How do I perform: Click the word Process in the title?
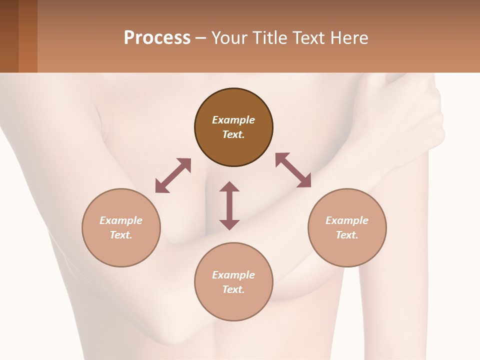click(x=157, y=38)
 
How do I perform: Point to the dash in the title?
click(x=201, y=38)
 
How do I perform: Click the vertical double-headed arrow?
click(x=229, y=205)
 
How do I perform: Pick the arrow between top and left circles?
click(x=173, y=175)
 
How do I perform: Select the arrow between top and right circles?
click(x=293, y=170)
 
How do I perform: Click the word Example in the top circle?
click(x=233, y=120)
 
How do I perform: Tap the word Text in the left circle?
click(x=121, y=235)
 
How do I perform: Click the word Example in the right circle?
click(x=347, y=220)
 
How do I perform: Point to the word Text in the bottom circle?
click(x=233, y=289)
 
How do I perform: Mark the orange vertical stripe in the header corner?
click(x=28, y=36)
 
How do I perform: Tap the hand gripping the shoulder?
click(x=420, y=115)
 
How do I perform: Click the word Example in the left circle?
click(x=121, y=220)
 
